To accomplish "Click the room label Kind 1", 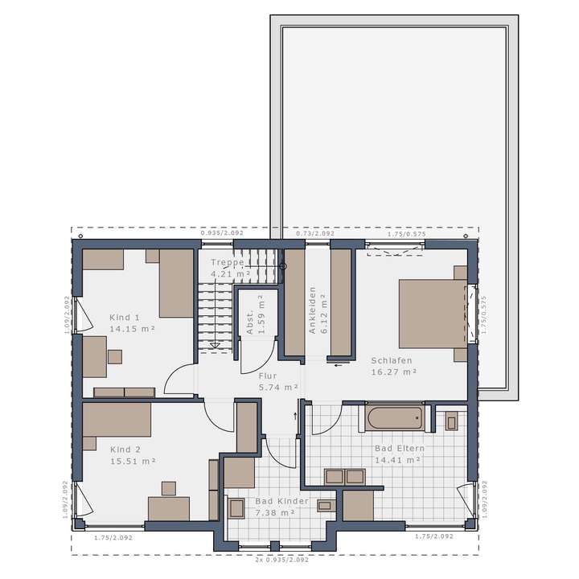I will [x=125, y=317].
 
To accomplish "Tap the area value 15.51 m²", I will [x=133, y=462].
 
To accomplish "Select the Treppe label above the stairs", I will [x=227, y=263].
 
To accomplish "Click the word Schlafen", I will [x=392, y=361].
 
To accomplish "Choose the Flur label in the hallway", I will [x=268, y=376].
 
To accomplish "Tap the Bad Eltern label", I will [x=399, y=448].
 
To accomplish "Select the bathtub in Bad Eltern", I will [x=393, y=417].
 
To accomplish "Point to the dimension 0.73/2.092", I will [x=314, y=233].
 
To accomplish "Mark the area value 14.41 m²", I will [x=399, y=460].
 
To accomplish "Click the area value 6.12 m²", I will [x=324, y=312].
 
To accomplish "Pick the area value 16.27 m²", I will [x=394, y=372].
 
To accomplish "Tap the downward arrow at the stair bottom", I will [x=214, y=347].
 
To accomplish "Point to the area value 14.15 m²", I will [x=133, y=328].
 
